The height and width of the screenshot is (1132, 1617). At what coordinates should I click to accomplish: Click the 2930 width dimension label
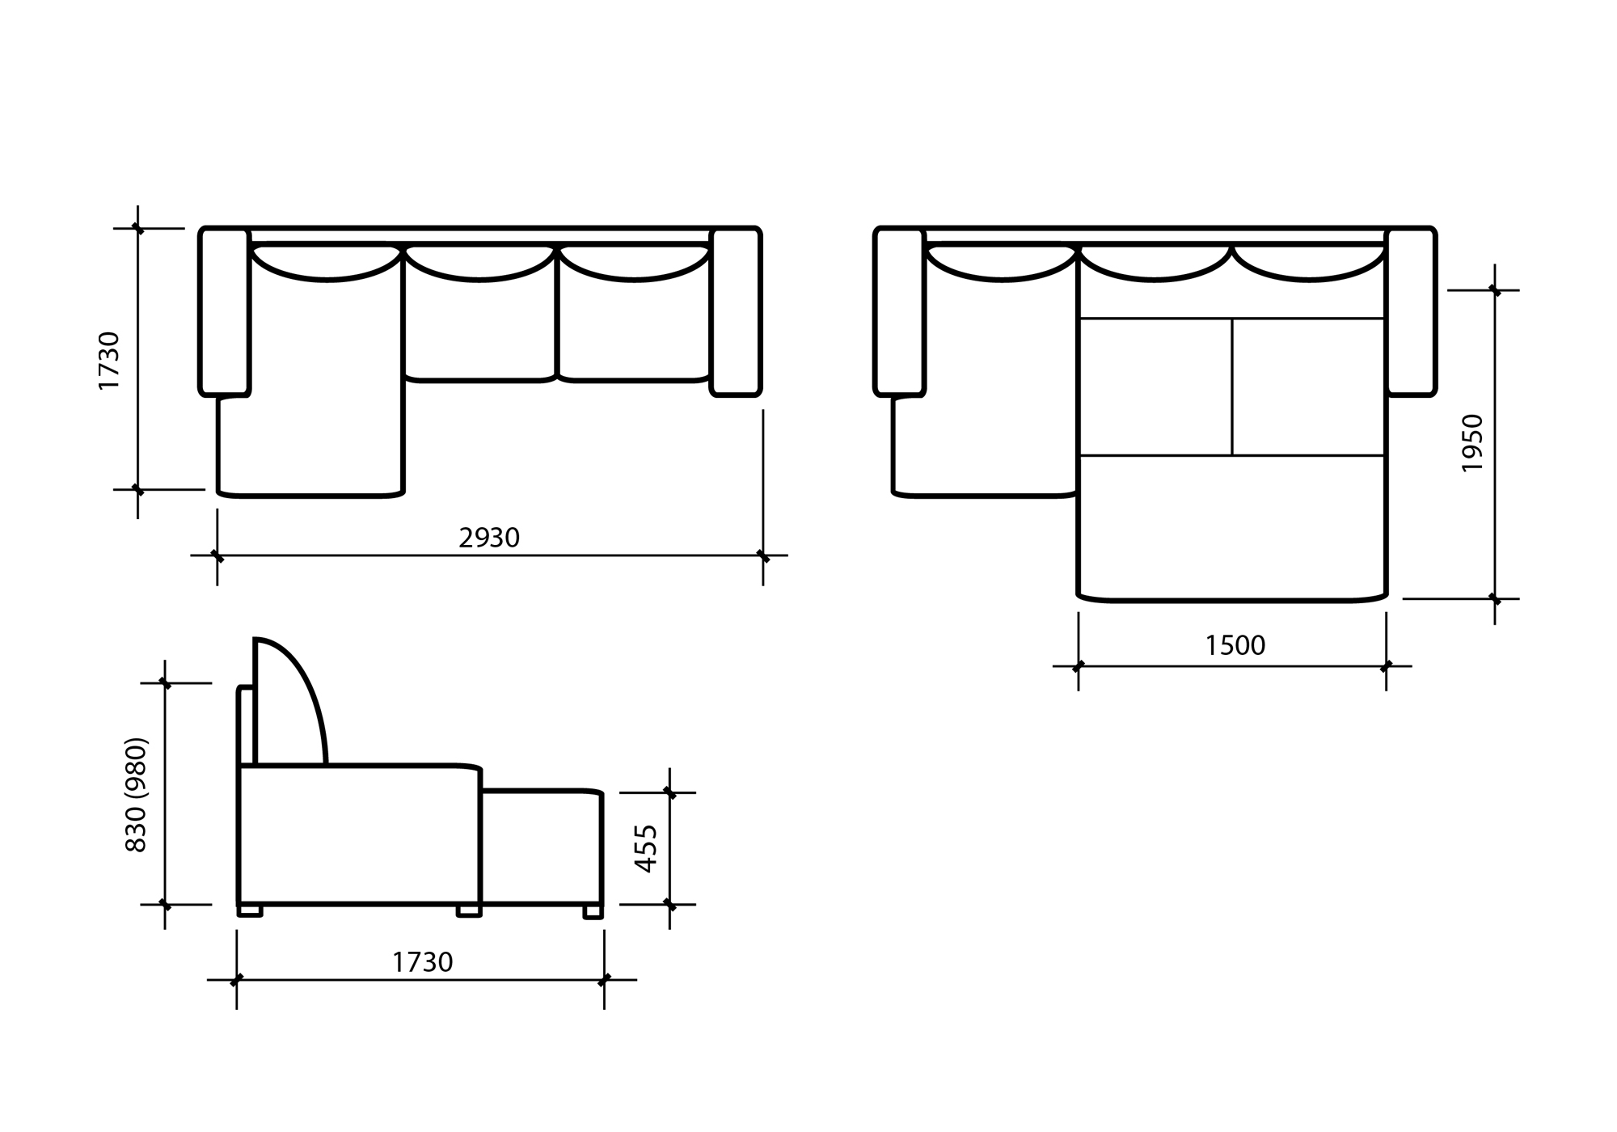(x=489, y=538)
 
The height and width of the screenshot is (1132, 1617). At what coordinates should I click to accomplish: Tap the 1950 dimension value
(x=1473, y=443)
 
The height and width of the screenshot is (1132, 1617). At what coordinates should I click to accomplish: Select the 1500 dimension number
(x=1235, y=645)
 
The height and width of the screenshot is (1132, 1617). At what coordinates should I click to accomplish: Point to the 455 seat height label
(x=646, y=848)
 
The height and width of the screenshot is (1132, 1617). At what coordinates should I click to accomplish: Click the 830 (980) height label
(x=136, y=794)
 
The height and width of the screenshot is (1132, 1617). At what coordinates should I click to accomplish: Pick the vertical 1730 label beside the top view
(x=108, y=361)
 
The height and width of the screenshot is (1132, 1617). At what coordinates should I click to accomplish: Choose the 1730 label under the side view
(x=423, y=962)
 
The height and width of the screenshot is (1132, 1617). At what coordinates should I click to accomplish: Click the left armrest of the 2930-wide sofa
(x=224, y=312)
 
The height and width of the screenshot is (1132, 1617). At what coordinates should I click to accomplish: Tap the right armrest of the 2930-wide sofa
(x=736, y=312)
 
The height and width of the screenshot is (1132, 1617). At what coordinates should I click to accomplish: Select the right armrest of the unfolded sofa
(x=1411, y=312)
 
